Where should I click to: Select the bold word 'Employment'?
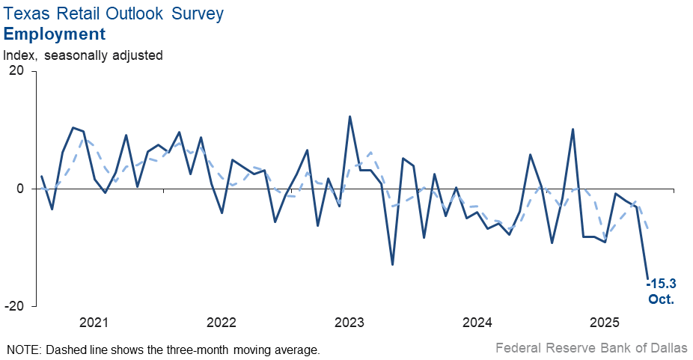click(55, 34)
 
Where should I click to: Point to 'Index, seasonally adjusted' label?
click(83, 55)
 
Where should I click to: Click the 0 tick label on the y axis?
click(22, 189)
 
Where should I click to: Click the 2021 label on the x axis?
click(94, 323)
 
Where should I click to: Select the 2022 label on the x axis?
click(222, 323)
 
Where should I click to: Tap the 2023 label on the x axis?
click(349, 323)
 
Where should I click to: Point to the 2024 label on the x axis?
click(477, 323)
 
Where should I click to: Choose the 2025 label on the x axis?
click(605, 323)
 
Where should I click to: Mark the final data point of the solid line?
click(647, 279)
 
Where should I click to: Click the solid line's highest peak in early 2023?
click(350, 117)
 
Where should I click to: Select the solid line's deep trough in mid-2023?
click(392, 264)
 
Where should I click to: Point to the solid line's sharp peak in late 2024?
click(573, 129)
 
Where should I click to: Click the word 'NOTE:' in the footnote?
click(23, 350)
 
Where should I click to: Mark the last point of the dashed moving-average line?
click(647, 231)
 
